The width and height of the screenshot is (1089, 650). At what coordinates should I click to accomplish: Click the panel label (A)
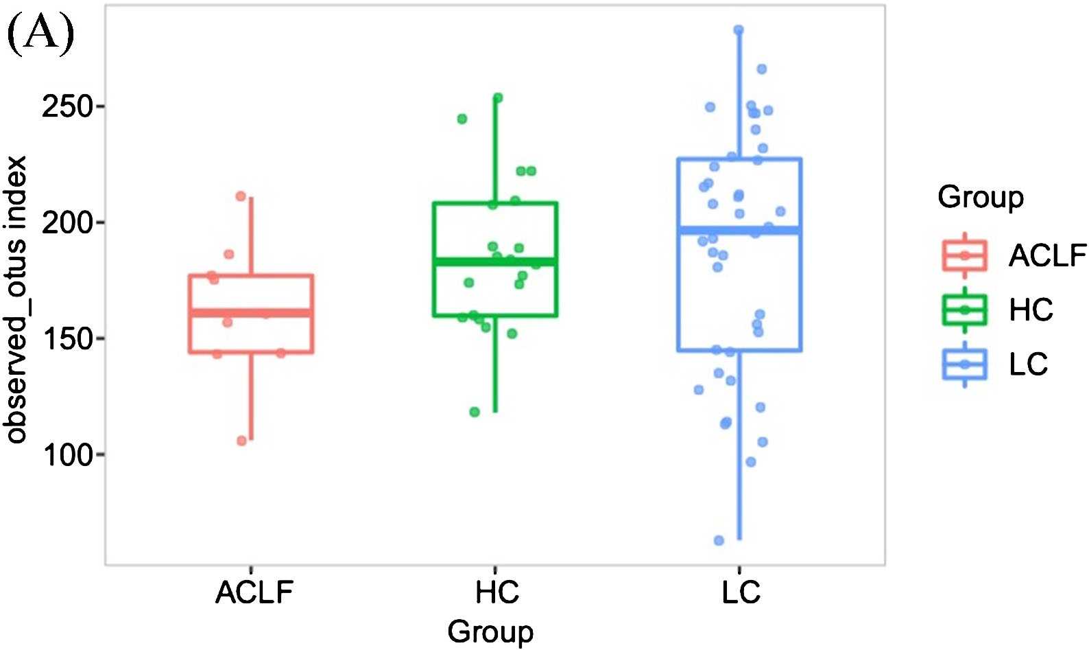click(40, 34)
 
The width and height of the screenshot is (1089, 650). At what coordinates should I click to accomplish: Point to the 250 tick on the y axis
click(67, 107)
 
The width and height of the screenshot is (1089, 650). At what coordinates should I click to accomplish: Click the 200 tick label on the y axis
click(67, 223)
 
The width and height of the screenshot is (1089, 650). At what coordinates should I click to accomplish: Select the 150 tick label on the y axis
click(67, 339)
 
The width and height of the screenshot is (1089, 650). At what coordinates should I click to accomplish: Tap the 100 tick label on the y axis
click(67, 455)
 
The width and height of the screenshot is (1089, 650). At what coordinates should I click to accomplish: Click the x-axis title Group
click(490, 631)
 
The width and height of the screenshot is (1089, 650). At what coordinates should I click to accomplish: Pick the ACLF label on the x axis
click(254, 592)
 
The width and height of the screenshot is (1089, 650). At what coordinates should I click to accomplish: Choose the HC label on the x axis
click(496, 592)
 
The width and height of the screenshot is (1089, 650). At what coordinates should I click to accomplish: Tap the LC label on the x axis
click(741, 592)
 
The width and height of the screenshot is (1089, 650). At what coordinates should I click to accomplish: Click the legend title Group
click(980, 198)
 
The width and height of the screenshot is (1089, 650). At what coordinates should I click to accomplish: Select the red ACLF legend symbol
click(964, 255)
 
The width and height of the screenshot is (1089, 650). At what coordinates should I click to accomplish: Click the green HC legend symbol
click(964, 310)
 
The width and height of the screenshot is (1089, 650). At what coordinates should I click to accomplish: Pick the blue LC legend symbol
click(964, 364)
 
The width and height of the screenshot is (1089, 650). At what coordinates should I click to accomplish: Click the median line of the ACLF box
click(251, 313)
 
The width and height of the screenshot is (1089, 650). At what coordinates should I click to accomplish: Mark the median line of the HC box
click(494, 262)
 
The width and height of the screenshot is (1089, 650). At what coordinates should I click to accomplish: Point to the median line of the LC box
click(739, 231)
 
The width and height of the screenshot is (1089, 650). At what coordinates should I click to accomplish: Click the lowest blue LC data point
click(719, 541)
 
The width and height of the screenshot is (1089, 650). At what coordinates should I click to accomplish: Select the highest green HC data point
click(498, 98)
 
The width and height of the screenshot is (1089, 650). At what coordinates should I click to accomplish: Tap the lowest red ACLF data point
click(241, 441)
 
